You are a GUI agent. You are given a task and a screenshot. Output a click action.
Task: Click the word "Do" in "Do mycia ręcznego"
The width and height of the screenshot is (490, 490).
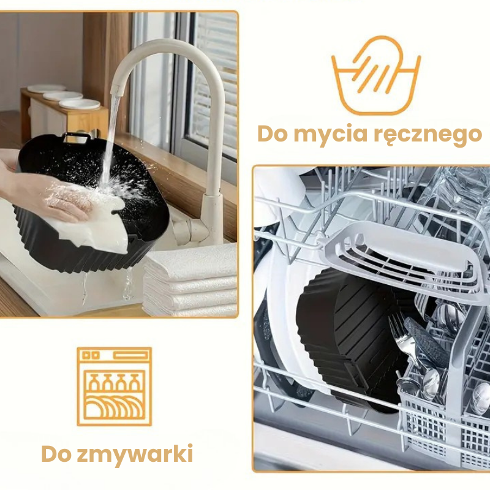(x=272, y=134)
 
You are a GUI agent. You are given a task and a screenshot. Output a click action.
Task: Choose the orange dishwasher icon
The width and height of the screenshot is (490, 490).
(x=115, y=386)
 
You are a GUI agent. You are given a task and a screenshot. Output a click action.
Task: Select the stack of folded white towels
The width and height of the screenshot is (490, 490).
(x=190, y=281)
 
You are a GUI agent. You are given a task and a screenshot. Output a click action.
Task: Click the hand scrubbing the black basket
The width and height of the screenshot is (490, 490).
(x=47, y=194)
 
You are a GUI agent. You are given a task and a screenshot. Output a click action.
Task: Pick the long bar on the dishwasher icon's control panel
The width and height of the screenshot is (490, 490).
(x=130, y=356)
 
